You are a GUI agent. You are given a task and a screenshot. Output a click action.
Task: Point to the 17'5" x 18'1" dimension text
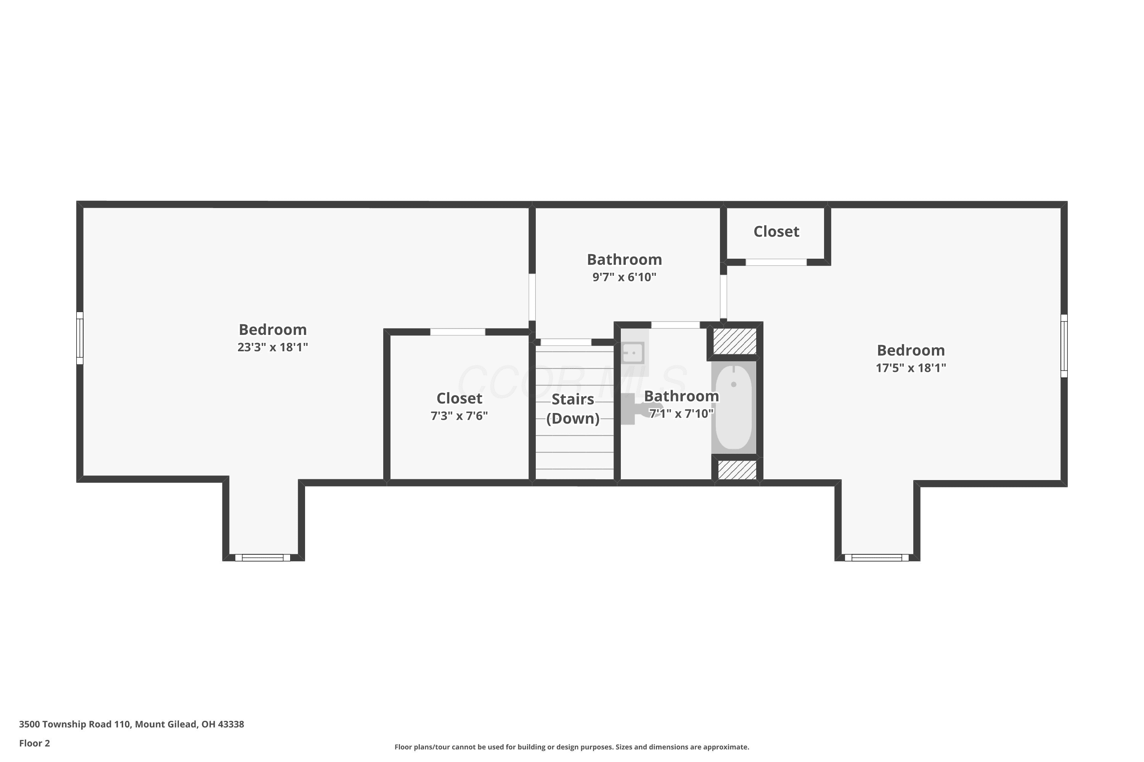click(911, 368)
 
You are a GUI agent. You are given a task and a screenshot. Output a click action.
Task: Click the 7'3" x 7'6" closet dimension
click(459, 416)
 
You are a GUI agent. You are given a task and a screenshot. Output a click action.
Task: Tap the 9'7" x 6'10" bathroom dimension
click(624, 277)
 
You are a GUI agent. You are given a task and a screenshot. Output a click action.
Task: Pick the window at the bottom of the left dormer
click(263, 557)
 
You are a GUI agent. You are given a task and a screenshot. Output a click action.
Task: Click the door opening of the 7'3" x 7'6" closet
click(458, 332)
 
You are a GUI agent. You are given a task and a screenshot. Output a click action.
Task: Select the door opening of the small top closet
click(776, 263)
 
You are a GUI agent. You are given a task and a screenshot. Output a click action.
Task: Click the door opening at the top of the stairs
click(566, 342)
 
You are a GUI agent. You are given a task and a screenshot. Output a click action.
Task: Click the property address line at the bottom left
click(131, 724)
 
